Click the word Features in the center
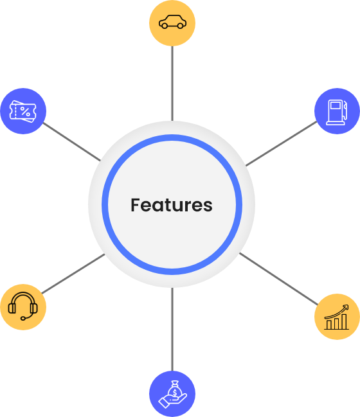(x=172, y=205)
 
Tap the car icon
(x=172, y=22)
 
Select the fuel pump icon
(x=337, y=112)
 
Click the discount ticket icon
(x=23, y=111)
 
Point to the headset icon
(x=23, y=306)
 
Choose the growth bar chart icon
(x=337, y=317)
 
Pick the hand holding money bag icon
(x=172, y=394)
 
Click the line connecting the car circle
(x=172, y=84)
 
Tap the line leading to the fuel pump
(x=282, y=144)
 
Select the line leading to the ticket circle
(x=72, y=142)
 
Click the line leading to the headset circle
(x=73, y=274)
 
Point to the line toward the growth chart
(x=278, y=279)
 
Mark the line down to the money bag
(x=172, y=329)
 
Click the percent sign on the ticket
(x=25, y=111)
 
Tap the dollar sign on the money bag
(x=175, y=393)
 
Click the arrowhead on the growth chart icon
(x=346, y=307)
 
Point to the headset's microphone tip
(x=23, y=318)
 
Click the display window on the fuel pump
(x=336, y=105)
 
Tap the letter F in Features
(x=135, y=205)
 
